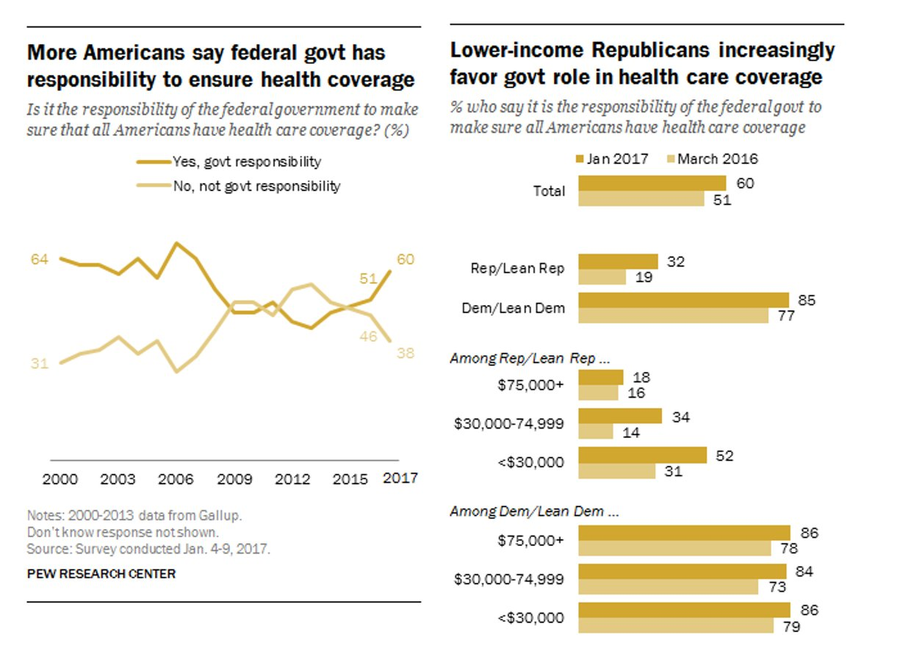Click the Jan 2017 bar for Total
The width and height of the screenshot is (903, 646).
tap(652, 183)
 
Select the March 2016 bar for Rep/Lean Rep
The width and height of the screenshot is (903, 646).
tap(602, 276)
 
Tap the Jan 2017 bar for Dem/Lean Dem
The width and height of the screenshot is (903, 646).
tap(683, 300)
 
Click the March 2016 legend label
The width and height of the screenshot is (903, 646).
tap(717, 159)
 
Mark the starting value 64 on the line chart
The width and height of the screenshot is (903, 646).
tap(38, 259)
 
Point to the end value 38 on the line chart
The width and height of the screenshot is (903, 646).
tap(405, 353)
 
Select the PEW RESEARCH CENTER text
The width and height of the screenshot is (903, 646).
tap(101, 573)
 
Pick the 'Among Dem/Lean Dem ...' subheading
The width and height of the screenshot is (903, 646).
tap(534, 512)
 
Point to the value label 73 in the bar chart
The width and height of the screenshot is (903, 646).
tap(776, 586)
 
